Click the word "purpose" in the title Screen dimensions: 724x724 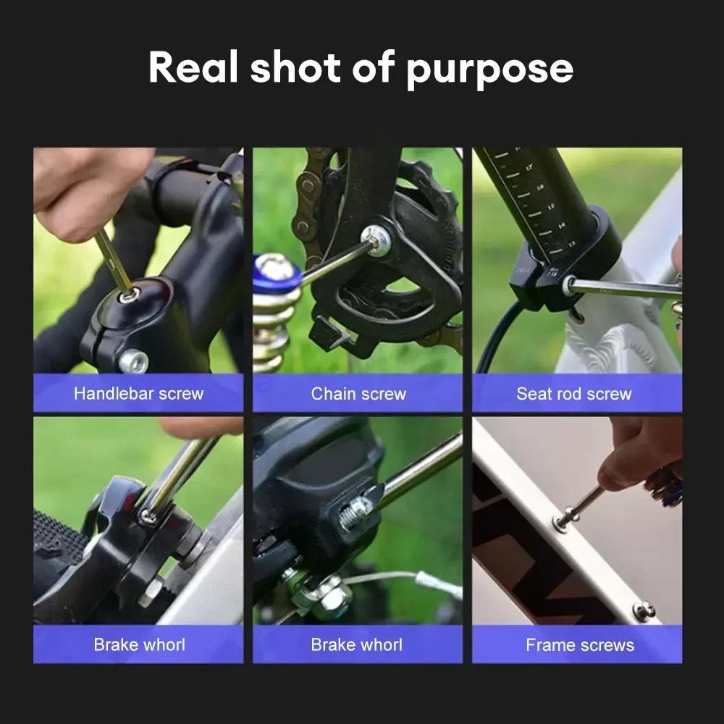(x=489, y=68)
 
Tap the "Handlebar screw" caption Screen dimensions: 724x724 (x=139, y=394)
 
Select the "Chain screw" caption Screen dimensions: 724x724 (x=358, y=394)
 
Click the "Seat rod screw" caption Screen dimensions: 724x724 (x=573, y=394)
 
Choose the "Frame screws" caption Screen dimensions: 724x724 (x=579, y=645)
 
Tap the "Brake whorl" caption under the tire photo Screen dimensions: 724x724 (x=139, y=645)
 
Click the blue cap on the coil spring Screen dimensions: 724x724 (x=276, y=274)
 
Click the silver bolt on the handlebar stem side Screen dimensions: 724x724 (x=133, y=360)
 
